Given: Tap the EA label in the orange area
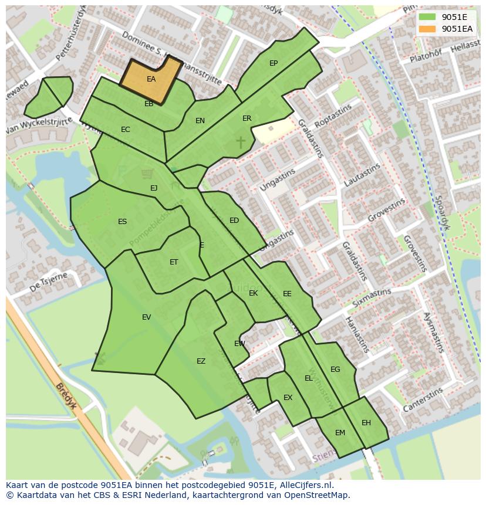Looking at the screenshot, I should coord(151,79).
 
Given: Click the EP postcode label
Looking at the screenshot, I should coord(274,63).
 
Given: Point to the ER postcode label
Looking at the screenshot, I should coord(247,118).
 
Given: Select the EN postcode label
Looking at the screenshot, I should coord(200,121).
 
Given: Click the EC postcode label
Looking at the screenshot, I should coord(126,130).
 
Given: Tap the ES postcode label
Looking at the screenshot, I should coord(122,222).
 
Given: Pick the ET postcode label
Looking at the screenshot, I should coord(174,262).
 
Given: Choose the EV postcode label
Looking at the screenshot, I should coord(146,317).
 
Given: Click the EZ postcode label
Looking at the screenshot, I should coord(201,361).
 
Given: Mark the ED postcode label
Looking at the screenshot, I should coord(234,221).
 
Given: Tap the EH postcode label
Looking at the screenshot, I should coord(366,423).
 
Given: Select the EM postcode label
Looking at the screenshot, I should coord(340,433).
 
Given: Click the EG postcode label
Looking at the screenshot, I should coord(335,370).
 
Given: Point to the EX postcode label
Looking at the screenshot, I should coord(288,398).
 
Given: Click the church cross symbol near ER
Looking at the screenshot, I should coord(240,141).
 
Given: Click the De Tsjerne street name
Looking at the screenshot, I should coord(48,282).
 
